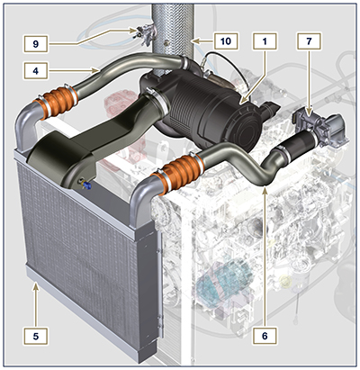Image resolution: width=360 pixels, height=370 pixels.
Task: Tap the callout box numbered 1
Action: coord(263,41)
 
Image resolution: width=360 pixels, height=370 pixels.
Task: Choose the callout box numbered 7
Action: coord(310,41)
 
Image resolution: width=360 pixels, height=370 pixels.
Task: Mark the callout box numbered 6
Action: coord(263,335)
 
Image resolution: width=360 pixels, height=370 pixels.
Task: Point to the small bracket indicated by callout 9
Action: coord(139,34)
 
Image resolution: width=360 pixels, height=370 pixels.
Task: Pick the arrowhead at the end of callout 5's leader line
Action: coord(34,285)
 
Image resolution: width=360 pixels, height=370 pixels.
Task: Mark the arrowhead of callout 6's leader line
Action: coord(264,189)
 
